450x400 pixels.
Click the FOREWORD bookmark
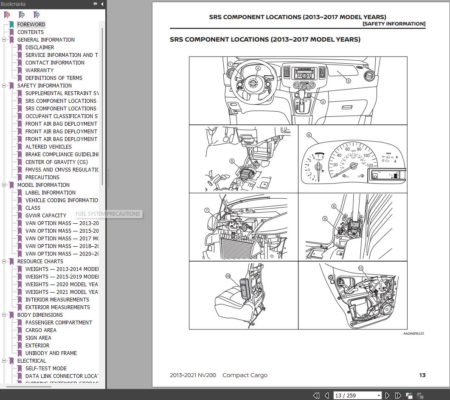(x=31, y=25)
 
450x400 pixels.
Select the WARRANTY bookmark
(x=39, y=70)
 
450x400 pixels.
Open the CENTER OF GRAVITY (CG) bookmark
(x=56, y=162)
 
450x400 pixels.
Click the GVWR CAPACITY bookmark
(x=46, y=216)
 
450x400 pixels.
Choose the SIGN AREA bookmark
(x=38, y=338)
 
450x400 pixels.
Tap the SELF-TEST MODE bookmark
(x=46, y=369)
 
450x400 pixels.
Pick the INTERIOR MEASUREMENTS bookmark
(x=57, y=300)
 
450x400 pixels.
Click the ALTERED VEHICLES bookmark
(x=48, y=147)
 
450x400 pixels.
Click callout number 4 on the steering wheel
(x=258, y=68)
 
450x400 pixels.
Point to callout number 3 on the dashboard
(x=349, y=81)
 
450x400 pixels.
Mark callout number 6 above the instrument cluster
(x=309, y=135)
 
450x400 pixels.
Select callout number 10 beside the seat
(x=228, y=276)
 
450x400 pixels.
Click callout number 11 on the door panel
(x=361, y=268)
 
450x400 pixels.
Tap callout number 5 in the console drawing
(x=232, y=161)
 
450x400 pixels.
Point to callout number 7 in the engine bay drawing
(x=207, y=210)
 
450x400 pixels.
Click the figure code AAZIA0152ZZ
(x=413, y=333)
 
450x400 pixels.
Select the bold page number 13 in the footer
(x=422, y=375)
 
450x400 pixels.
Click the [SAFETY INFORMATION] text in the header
(x=394, y=24)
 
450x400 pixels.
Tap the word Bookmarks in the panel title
(x=13, y=4)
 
